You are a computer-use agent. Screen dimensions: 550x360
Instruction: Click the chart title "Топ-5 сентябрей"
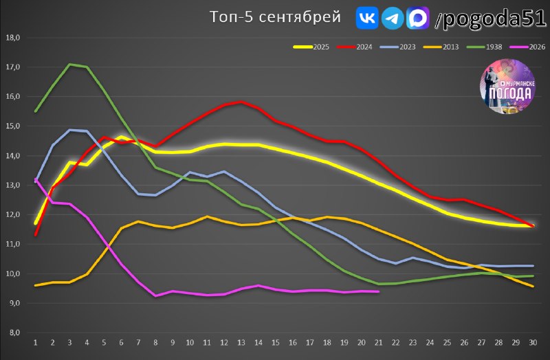coord(275,16)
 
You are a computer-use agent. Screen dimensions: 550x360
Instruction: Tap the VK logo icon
coord(367,18)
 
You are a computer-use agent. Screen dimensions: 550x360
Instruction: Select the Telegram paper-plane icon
coord(392,18)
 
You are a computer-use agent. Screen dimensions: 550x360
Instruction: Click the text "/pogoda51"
coord(490,18)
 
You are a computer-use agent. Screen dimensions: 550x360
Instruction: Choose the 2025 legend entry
coord(311,47)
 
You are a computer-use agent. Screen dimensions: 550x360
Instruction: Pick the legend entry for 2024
coord(354,47)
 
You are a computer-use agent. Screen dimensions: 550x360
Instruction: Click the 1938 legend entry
coord(484,47)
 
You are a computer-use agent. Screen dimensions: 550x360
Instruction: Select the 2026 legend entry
coord(527,47)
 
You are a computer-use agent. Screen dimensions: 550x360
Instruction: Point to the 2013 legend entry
coord(441,47)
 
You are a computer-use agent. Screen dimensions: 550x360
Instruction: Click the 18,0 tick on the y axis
coord(13,38)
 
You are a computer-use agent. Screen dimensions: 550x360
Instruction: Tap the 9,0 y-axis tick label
coord(13,303)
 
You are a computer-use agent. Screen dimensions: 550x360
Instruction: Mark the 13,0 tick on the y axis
coord(13,185)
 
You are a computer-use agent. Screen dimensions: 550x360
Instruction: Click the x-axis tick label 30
coord(533,342)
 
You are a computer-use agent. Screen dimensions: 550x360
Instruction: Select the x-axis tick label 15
coord(276,342)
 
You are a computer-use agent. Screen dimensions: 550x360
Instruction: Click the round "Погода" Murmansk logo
coord(507,87)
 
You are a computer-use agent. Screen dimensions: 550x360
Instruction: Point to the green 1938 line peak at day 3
coord(70,64)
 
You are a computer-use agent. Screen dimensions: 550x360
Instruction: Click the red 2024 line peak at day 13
coord(241,102)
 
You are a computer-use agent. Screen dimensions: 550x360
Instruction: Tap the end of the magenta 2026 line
coord(379,291)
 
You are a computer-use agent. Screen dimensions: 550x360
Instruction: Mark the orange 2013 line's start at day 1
coord(36,285)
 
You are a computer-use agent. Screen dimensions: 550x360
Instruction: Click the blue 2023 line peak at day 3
coord(70,130)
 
